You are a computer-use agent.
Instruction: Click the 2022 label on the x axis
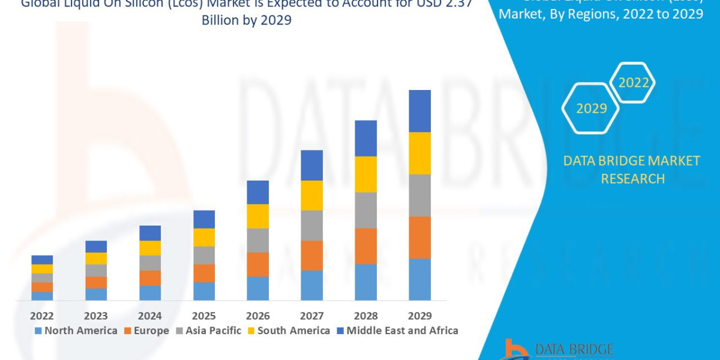[x=42, y=316]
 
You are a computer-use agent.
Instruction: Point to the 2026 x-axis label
[x=257, y=316]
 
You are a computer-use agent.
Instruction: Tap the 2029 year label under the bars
[x=419, y=316]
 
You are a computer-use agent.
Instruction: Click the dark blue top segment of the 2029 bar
[x=420, y=111]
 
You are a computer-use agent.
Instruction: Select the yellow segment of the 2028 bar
[x=366, y=174]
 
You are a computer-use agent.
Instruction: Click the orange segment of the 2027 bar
[x=312, y=256]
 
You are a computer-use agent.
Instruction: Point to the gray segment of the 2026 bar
[x=258, y=240]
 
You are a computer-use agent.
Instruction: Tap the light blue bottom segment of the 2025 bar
[x=204, y=291]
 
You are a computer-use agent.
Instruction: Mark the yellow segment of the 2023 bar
[x=96, y=259]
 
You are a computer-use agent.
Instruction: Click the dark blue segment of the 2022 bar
[x=42, y=260]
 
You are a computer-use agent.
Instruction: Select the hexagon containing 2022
[x=633, y=83]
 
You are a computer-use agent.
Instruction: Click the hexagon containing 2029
[x=591, y=109]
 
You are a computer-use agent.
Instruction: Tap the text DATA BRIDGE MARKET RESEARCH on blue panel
[x=632, y=169]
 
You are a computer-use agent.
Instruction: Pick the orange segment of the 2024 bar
[x=150, y=278]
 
